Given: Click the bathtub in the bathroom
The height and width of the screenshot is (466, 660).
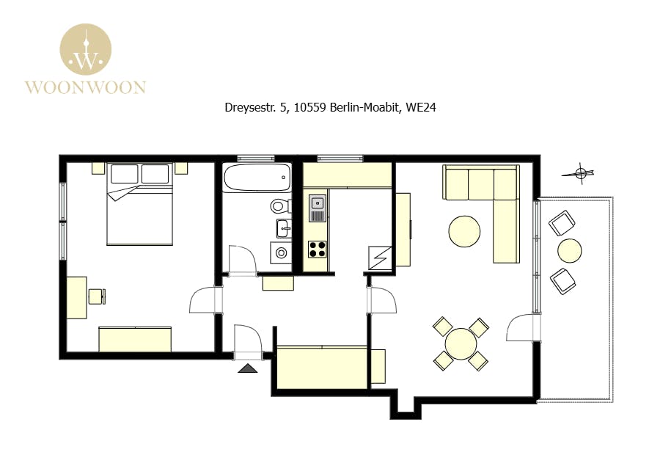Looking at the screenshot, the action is coord(257,178).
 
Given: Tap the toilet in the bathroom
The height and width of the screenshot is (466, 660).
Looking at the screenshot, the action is coord(281,206).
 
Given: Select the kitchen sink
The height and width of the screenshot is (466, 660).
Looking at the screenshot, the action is coord(318,208).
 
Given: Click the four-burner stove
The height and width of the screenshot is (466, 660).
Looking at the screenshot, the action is coord(318,249).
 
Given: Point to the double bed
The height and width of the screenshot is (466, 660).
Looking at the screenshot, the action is coord(140,204).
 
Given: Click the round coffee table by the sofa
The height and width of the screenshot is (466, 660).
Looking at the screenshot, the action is coord(464,231).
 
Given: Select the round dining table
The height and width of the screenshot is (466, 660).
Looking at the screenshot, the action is coord(461,343).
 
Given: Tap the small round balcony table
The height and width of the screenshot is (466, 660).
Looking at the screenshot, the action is coord(570,251).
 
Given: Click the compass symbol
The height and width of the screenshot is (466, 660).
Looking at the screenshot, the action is coord(579,172).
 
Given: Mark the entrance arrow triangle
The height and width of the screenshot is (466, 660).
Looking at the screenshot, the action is coord(248,368).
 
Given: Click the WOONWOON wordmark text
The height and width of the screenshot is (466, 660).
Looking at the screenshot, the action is coord(86,87).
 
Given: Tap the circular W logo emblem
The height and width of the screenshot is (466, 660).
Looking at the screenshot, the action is coord(86,49).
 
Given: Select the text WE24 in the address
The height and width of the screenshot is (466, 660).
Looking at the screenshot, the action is coord(420,107).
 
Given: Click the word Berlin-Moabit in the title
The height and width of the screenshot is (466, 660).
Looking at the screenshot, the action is coord(364,107).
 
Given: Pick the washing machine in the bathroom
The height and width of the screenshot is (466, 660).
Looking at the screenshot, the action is coord(281,252).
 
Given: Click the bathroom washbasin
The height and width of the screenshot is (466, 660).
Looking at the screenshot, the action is coord(284,228).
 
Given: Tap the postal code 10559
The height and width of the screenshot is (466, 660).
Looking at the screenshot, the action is coord(310,107).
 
